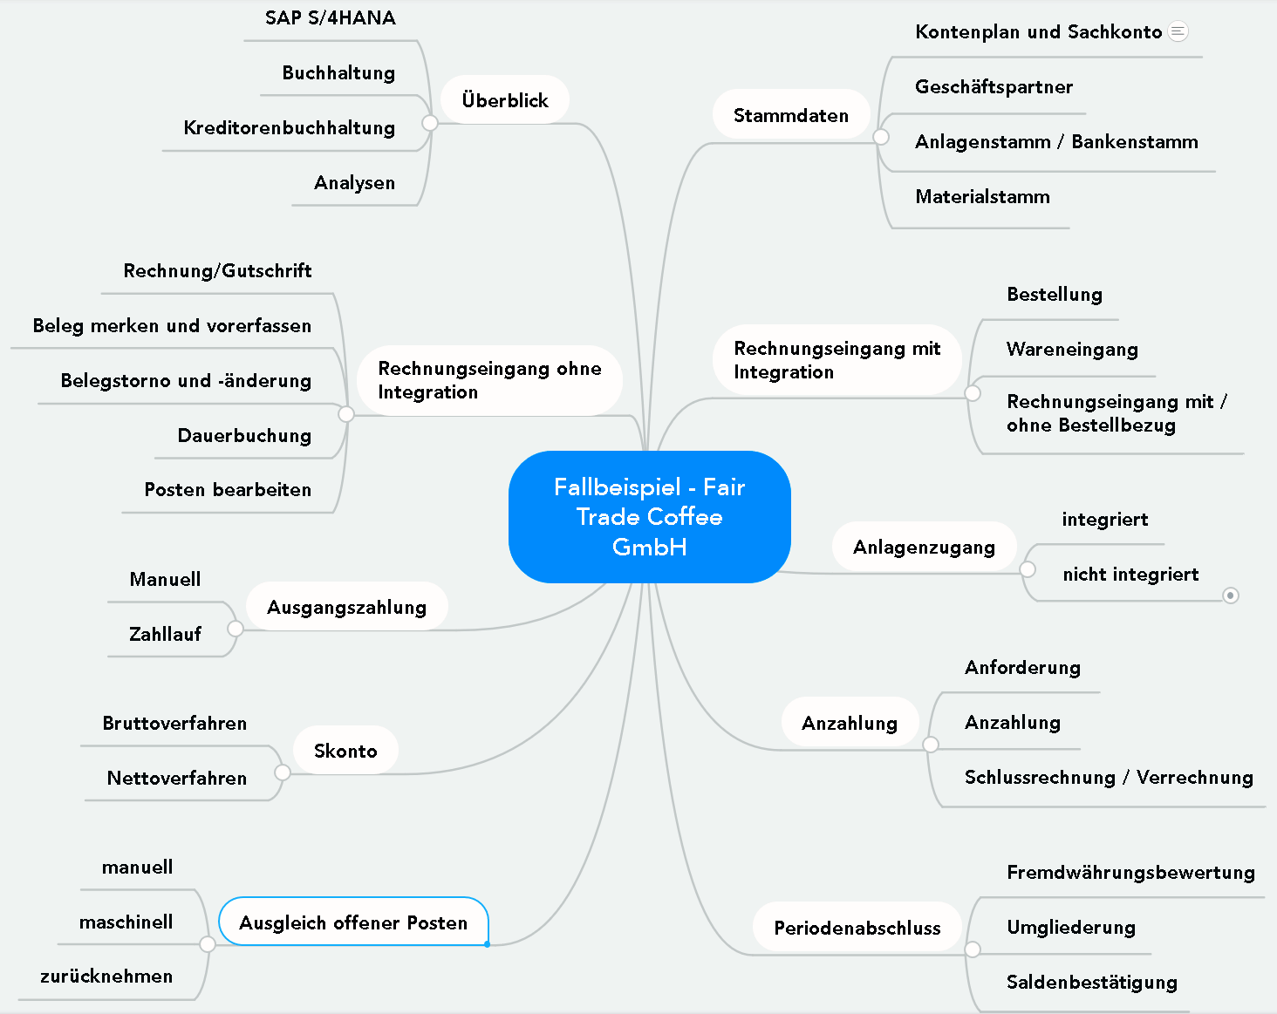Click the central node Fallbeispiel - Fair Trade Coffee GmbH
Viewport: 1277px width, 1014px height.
point(649,516)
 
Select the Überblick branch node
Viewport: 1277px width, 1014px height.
point(505,100)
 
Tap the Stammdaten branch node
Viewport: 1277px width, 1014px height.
point(790,115)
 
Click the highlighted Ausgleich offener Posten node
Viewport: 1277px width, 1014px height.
point(353,922)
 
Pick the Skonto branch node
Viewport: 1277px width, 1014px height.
point(345,751)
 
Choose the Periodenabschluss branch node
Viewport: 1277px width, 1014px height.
point(857,928)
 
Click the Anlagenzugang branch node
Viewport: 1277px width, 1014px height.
point(924,547)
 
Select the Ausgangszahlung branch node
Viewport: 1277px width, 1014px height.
point(346,607)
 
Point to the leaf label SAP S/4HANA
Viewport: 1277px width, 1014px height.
point(330,18)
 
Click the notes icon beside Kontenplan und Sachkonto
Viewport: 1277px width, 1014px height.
point(1178,31)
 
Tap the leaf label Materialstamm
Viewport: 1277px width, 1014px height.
point(982,197)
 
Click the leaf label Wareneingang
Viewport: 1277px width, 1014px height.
point(1072,350)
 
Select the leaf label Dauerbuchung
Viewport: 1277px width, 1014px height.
point(244,435)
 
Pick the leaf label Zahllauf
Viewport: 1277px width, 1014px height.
point(165,634)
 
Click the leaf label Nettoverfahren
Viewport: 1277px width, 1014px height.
point(177,778)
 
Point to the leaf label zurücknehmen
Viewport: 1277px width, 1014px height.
point(106,977)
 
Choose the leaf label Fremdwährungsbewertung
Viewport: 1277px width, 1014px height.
point(1130,873)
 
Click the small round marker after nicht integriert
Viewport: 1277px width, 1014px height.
point(1231,595)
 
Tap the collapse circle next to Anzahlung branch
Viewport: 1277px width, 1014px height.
point(931,745)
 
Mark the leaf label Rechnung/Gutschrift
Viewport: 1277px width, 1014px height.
point(217,271)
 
